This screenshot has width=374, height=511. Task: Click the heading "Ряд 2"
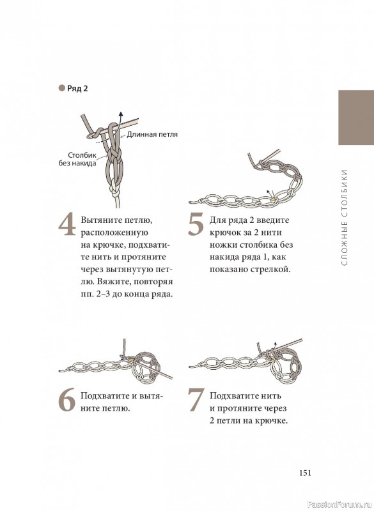[77, 89]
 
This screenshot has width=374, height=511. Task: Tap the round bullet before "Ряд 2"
[61, 88]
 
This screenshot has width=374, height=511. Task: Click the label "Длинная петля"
[152, 134]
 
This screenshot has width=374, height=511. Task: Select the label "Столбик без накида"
[77, 159]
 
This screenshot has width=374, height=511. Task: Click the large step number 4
[67, 225]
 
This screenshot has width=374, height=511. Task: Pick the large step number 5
[196, 225]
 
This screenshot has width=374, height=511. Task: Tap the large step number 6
[67, 400]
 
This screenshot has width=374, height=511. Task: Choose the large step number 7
[196, 400]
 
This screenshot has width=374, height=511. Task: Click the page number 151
[305, 473]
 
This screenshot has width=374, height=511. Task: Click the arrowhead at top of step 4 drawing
[121, 113]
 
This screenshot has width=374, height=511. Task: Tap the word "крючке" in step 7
[272, 421]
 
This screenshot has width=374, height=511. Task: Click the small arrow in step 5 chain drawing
[269, 193]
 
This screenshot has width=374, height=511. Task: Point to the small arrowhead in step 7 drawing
[275, 344]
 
